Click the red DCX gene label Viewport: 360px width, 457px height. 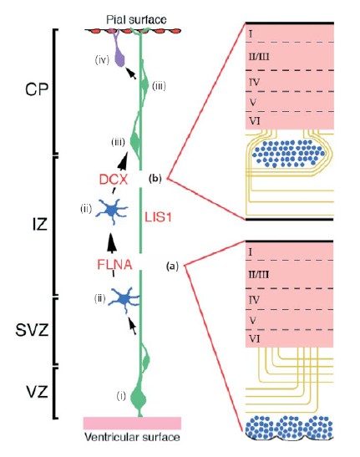[x=114, y=180]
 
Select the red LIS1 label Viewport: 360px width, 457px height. [x=158, y=217]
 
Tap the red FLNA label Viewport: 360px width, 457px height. [x=114, y=265]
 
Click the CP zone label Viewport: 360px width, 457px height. [x=37, y=89]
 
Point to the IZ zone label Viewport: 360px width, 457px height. [x=40, y=225]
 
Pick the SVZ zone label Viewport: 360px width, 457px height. [x=32, y=331]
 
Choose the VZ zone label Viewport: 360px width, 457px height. [x=37, y=393]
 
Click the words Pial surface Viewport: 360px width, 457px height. [x=136, y=20]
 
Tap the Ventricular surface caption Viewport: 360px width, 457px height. [x=132, y=437]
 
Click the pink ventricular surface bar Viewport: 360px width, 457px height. [x=132, y=423]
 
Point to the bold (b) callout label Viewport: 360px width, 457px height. [x=155, y=178]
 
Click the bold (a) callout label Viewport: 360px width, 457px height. [x=172, y=266]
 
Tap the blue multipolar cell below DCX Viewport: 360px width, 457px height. [x=111, y=211]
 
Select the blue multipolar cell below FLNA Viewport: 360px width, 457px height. [x=124, y=299]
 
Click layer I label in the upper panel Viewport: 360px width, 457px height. [x=251, y=34]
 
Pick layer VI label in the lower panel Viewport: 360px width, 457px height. [x=255, y=339]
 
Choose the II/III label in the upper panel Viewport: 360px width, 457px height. [x=259, y=56]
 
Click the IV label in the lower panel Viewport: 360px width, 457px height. [x=254, y=299]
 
